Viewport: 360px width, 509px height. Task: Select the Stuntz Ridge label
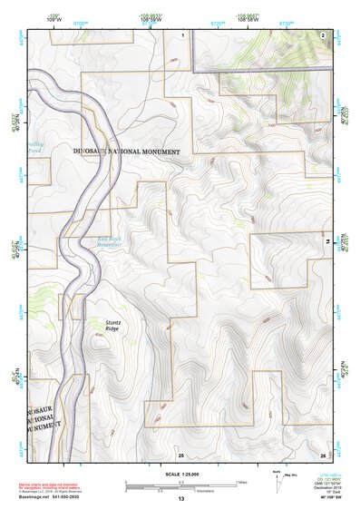[x=112, y=325]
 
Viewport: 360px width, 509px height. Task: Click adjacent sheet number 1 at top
[x=182, y=34]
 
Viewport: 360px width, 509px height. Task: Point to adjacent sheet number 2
[x=323, y=34]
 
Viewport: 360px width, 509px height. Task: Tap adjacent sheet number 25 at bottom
[x=180, y=455]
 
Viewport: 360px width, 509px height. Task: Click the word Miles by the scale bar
[x=240, y=481]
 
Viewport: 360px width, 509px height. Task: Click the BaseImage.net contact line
[x=56, y=497]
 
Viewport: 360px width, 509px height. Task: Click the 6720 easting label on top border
[x=217, y=23]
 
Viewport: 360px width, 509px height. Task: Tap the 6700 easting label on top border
[x=80, y=23]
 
